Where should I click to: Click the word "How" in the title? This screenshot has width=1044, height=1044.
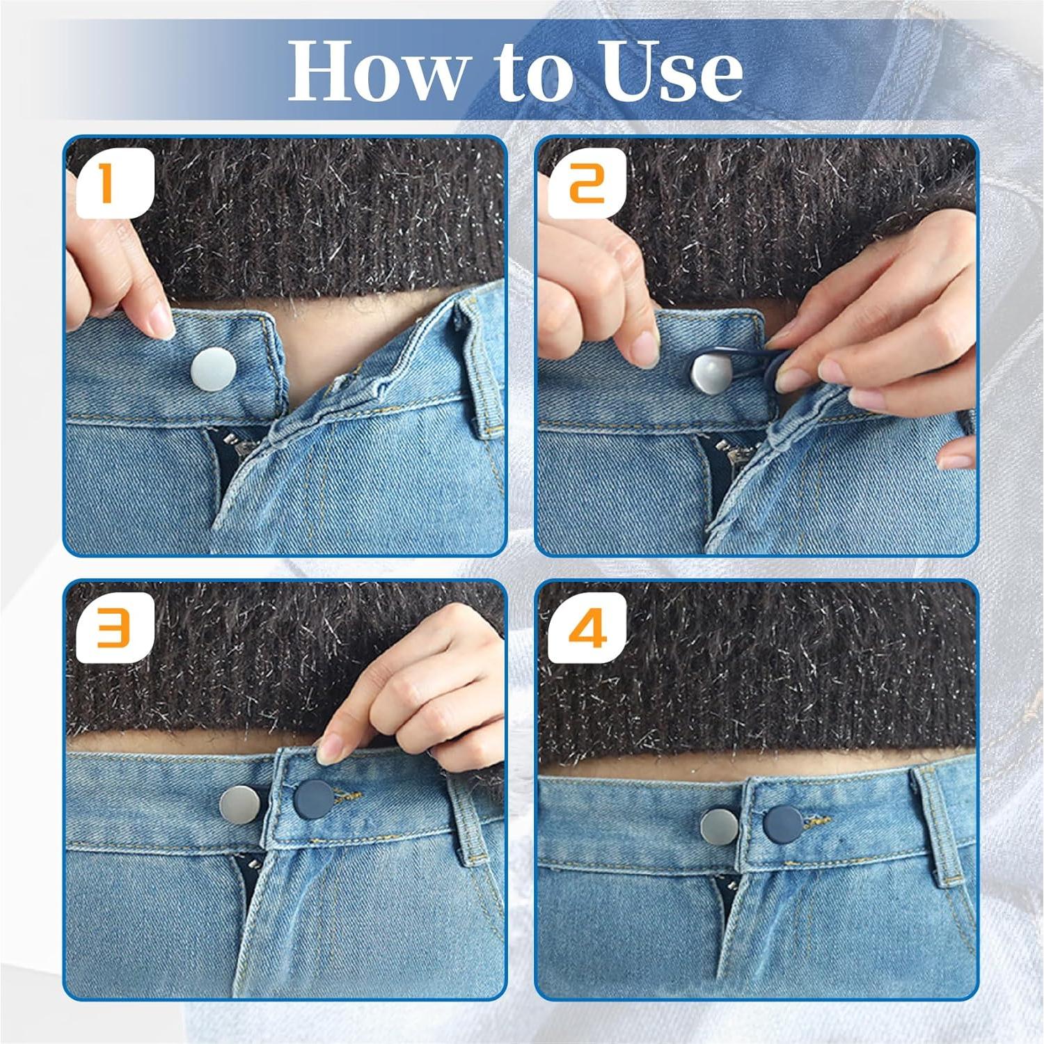[376, 71]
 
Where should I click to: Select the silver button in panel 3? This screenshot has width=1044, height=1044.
[240, 806]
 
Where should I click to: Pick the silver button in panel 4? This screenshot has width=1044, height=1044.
[720, 825]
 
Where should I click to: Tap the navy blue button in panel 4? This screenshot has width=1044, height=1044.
[783, 823]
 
